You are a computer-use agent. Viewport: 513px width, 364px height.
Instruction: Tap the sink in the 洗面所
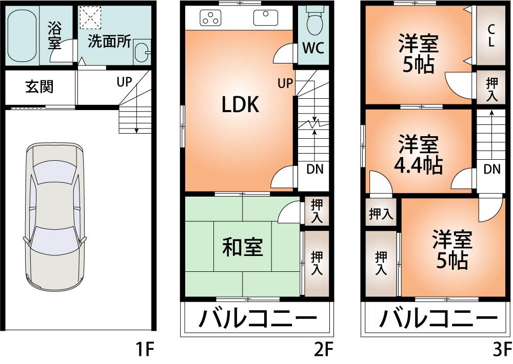pyautogui.click(x=141, y=53)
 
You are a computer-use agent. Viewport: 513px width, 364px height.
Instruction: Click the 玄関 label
pyautogui.click(x=40, y=87)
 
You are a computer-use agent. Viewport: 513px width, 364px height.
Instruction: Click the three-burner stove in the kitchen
pyautogui.click(x=210, y=18)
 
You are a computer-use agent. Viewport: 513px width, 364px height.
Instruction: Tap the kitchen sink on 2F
pyautogui.click(x=265, y=18)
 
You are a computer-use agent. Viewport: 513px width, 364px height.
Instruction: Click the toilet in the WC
pyautogui.click(x=313, y=22)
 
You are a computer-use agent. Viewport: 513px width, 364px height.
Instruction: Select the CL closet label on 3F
pyautogui.click(x=491, y=35)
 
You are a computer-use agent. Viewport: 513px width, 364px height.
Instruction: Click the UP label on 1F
pyautogui.click(x=124, y=81)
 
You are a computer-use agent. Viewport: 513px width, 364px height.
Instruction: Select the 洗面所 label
pyautogui.click(x=109, y=42)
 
